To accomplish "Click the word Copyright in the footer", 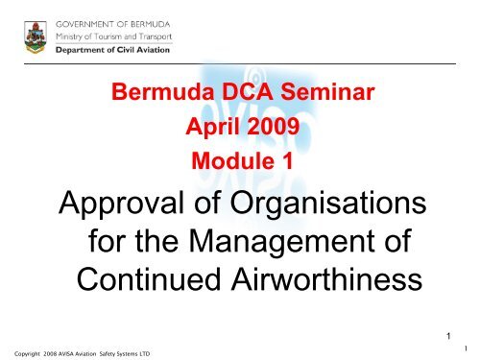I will [x=24, y=352].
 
